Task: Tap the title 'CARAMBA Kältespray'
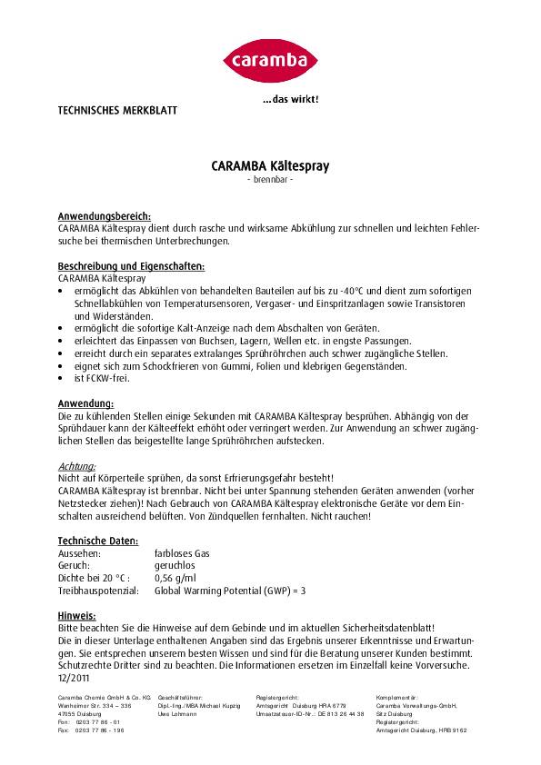(270, 167)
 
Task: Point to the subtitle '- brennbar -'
(270, 180)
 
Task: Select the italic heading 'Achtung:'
(76, 466)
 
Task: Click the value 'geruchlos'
(176, 564)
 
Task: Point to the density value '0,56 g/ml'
(177, 577)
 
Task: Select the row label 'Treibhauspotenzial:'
(97, 590)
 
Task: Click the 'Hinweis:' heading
(76, 614)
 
